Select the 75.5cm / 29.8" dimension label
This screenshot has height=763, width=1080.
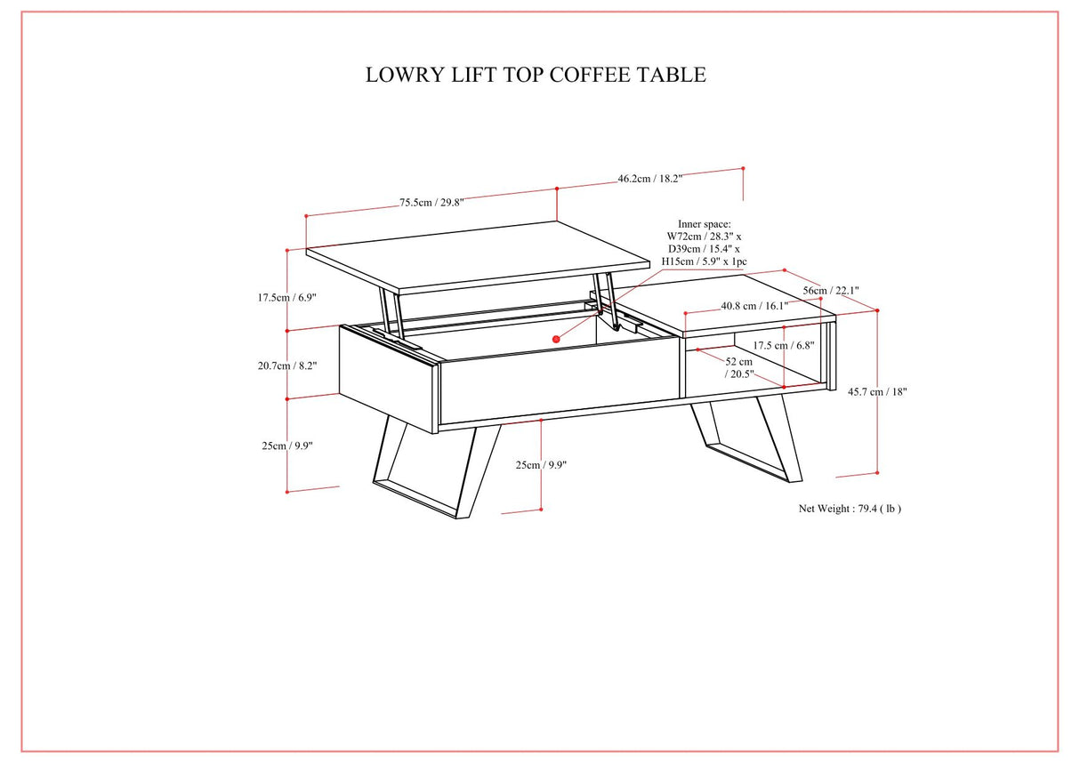(431, 203)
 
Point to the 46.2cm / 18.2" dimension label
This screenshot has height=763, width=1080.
(650, 179)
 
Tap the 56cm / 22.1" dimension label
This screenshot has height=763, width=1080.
(831, 291)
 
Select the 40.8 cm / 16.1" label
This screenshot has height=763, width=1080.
(754, 306)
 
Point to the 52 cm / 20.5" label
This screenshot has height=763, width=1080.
(738, 368)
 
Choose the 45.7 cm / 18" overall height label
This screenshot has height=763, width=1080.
(877, 391)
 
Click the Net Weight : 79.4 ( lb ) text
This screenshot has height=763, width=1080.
(850, 509)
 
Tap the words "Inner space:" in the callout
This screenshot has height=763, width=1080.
(704, 224)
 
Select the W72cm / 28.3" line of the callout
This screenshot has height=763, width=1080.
(704, 237)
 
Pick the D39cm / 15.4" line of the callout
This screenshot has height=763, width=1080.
(704, 249)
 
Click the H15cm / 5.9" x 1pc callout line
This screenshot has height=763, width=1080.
(704, 261)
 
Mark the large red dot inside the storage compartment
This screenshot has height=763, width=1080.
(557, 339)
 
